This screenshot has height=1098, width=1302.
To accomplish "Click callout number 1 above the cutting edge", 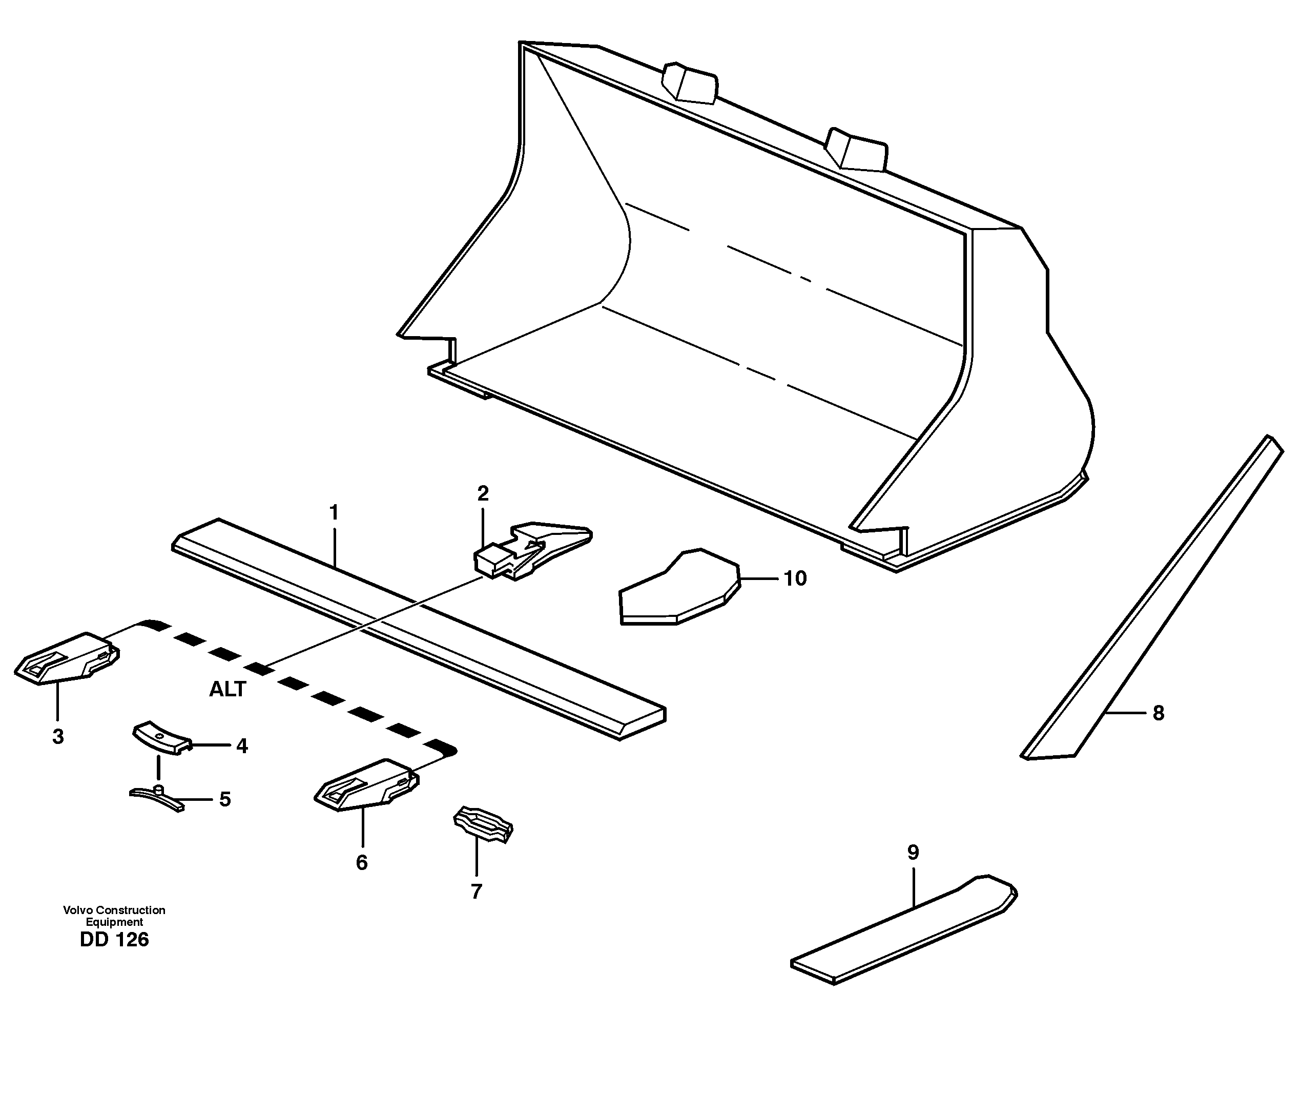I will pyautogui.click(x=334, y=513).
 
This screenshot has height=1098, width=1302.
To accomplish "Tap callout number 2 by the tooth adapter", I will pyautogui.click(x=483, y=493).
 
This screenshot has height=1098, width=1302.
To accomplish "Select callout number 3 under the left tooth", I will pyautogui.click(x=58, y=737).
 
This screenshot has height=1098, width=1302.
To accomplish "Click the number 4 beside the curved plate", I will pyautogui.click(x=241, y=745).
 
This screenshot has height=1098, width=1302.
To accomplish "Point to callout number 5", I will pyautogui.click(x=224, y=799).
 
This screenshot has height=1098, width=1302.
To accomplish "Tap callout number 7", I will pyautogui.click(x=476, y=892).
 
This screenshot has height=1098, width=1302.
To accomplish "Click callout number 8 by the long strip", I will pyautogui.click(x=1158, y=713).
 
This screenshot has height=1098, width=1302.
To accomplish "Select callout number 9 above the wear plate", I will pyautogui.click(x=913, y=852).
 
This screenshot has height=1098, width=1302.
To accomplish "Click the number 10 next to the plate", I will pyautogui.click(x=795, y=578).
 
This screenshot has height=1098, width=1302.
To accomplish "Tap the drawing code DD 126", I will pyautogui.click(x=114, y=940).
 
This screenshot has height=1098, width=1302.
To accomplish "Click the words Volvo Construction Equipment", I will pyautogui.click(x=114, y=916).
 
